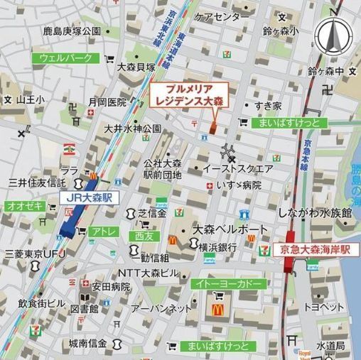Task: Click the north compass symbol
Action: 332,36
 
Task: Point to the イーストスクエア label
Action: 237,169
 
